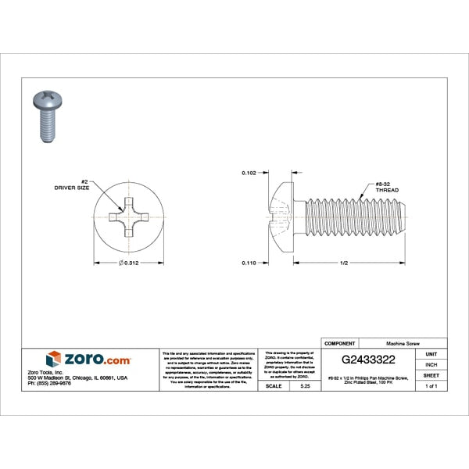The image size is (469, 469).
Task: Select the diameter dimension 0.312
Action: click(129, 263)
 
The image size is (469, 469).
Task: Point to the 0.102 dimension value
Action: click(249, 172)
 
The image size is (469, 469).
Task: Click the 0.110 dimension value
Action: click(249, 263)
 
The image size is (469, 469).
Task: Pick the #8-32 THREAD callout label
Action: click(386, 187)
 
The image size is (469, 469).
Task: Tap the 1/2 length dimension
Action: click(343, 263)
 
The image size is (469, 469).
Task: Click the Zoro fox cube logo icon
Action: click(53, 359)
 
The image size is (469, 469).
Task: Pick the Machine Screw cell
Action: click(406, 342)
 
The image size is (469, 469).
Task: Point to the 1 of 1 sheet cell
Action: click(431, 386)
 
